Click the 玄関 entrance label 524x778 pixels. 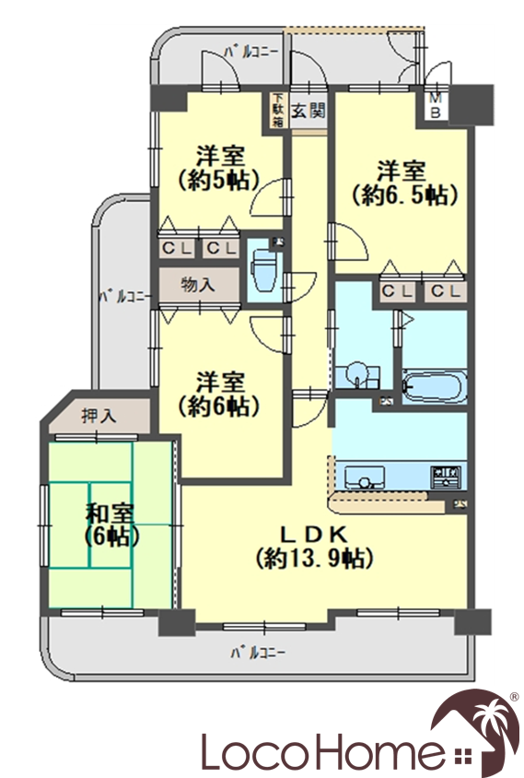pos(308,111)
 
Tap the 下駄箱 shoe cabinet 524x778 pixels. pos(277,110)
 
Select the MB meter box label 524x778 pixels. pos(436,106)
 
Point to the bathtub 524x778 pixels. pos(435,385)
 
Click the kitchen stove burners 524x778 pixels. pos(446,476)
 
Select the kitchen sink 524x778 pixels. pos(365,477)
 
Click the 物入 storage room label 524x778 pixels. pos(198,286)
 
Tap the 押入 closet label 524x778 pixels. pos(99,416)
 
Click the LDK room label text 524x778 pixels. pos(313,535)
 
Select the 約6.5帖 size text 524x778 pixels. pos(403,196)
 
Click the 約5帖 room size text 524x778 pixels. pos(219,180)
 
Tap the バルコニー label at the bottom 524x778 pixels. pos(258,652)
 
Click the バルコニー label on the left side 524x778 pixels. pos(124,297)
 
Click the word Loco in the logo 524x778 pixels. pos(263,750)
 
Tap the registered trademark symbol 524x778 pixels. pos(514,697)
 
